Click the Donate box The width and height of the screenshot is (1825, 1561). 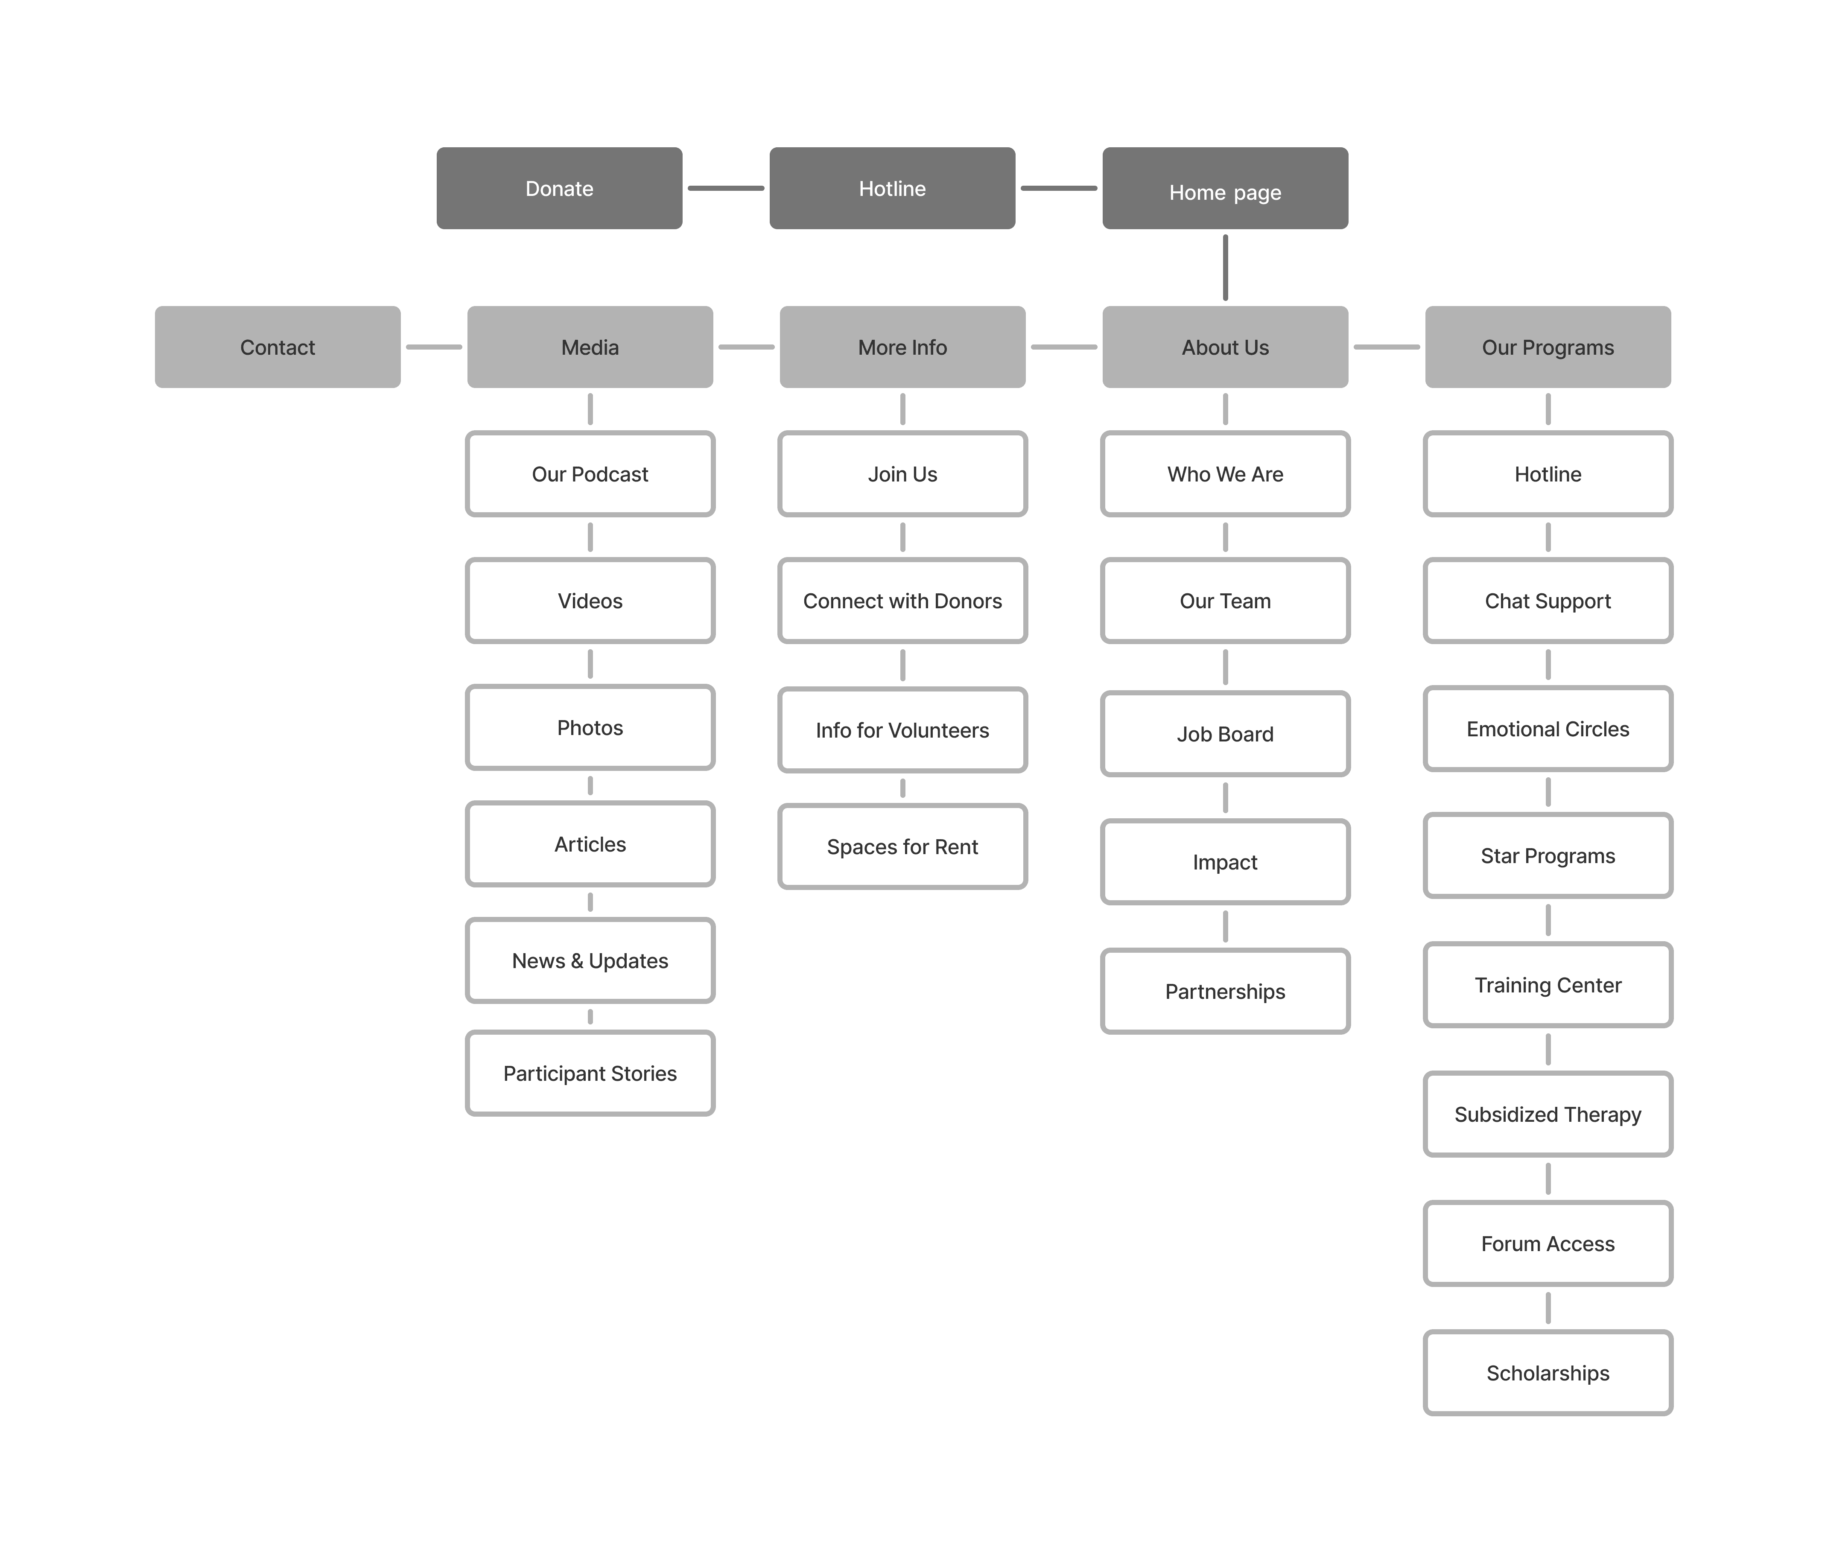coord(559,189)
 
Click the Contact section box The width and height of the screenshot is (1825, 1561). coord(277,347)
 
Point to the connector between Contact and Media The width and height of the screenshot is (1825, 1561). coord(433,347)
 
